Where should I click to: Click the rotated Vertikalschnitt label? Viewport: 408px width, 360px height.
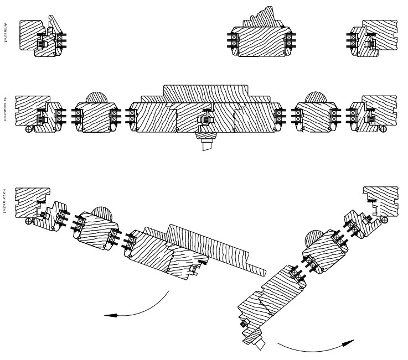click(5, 33)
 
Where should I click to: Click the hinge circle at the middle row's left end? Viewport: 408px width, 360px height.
click(29, 129)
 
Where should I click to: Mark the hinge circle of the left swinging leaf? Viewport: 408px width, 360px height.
click(29, 222)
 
